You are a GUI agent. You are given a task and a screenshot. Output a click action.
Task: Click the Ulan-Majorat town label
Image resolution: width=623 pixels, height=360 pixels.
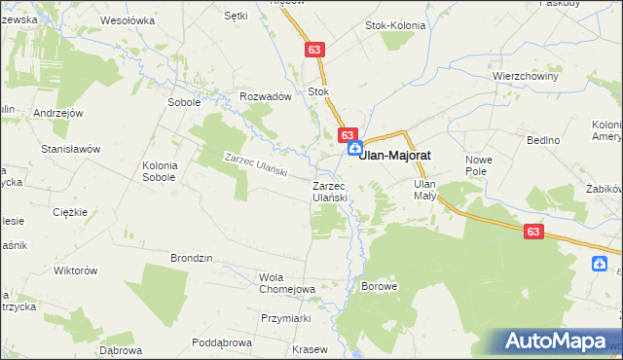coord(396,155)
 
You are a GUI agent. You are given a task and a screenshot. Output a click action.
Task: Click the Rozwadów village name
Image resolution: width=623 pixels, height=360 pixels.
coord(266,97)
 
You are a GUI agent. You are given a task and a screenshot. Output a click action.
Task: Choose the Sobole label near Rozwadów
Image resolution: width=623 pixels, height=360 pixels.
coord(184,101)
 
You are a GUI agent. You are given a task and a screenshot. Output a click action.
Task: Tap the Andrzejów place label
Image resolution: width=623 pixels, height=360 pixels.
coord(55,114)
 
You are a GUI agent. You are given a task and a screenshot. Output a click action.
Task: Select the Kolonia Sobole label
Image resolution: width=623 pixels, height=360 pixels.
coord(159,171)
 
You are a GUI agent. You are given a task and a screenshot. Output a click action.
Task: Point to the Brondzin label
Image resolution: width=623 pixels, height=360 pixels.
coord(192,258)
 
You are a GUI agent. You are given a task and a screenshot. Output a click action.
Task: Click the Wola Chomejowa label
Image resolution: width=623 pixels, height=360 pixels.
coord(286,283)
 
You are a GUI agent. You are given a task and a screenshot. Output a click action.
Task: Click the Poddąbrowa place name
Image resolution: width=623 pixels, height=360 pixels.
coord(222,342)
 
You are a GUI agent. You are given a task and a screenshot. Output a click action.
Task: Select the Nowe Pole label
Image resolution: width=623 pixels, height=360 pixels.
coord(481,165)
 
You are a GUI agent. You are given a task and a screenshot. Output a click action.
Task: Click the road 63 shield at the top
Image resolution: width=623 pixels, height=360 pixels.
coord(312,49)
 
